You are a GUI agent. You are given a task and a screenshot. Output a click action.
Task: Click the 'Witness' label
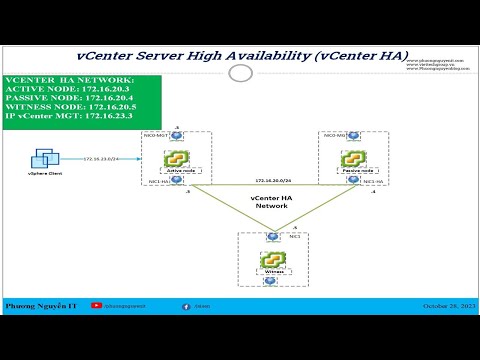click(270, 272)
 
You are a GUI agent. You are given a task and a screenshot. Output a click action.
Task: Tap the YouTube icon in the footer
click(96, 306)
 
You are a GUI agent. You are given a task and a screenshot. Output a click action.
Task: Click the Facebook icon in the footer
click(185, 306)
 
